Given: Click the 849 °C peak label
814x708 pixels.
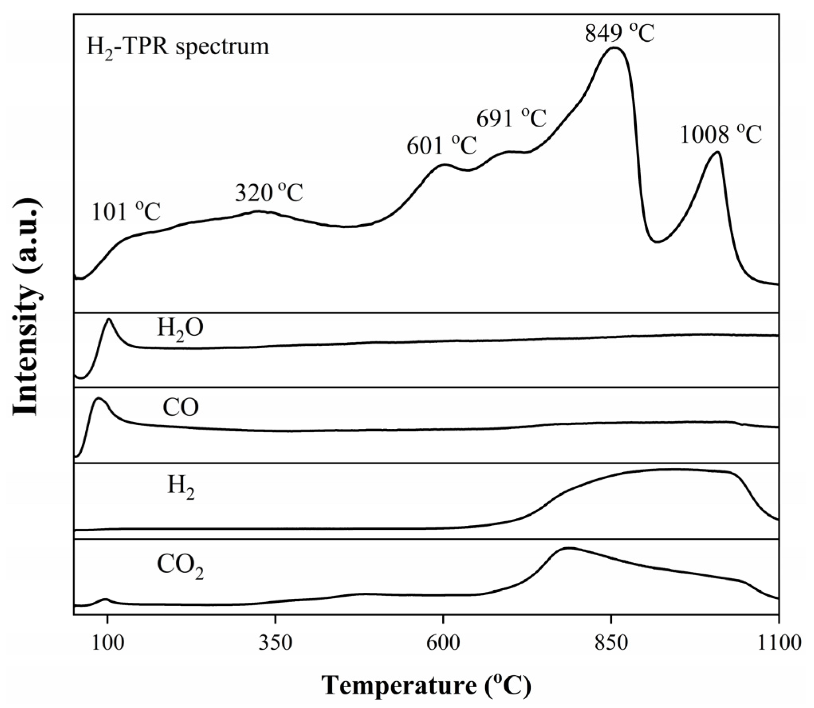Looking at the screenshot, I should point(619,34).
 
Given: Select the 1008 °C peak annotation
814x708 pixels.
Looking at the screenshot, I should point(720,134).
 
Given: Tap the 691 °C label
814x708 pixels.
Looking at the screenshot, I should point(511,118).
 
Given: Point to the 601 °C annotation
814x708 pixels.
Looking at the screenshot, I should point(441,146).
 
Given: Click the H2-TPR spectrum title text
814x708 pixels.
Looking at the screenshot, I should point(178,47).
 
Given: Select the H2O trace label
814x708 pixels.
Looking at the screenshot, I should point(180,329).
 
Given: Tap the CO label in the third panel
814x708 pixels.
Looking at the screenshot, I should point(180,408).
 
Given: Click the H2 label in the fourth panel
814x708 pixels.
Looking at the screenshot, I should point(180,487).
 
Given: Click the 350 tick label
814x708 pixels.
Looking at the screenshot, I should point(275,643).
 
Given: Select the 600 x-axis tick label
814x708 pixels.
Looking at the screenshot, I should point(443,643).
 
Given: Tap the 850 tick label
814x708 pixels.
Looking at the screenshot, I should point(611,643).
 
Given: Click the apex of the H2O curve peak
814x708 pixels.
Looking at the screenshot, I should point(108,319).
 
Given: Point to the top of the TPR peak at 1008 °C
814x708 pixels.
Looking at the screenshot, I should point(718,152).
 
